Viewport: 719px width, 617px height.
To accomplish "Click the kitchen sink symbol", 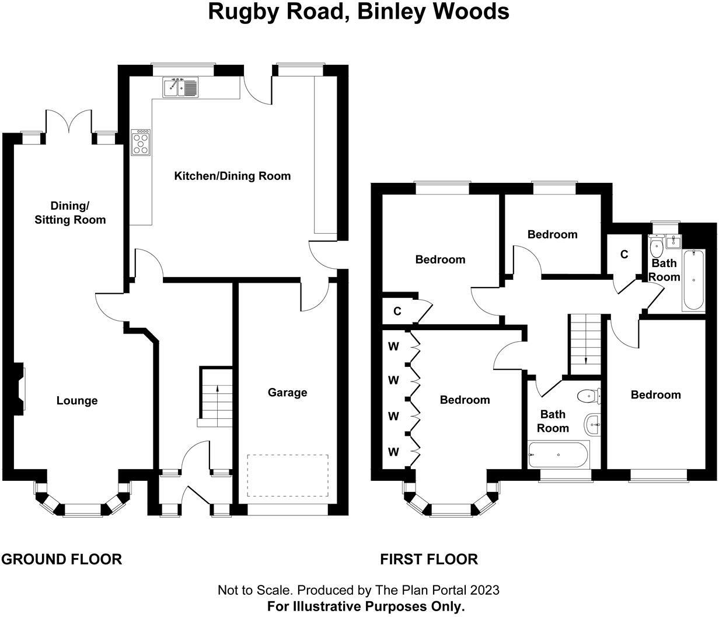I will point(181,86).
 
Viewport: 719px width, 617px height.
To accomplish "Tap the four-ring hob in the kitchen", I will point(141,142).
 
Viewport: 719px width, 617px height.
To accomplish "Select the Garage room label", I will point(287,393).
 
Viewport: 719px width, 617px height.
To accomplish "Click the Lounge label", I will point(77,401).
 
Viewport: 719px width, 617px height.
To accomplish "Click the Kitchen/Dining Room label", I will point(232,176).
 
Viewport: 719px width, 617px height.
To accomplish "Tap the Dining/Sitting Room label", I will point(70,213).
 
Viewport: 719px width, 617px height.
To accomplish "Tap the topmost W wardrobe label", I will point(394,346).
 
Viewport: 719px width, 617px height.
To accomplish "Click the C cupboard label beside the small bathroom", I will point(624,255).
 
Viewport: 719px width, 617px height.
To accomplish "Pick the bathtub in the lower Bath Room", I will point(559,454).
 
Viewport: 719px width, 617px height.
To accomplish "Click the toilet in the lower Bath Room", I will point(588,397).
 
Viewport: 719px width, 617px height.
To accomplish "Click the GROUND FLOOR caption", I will point(61,559).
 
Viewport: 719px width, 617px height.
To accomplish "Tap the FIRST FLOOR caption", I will point(429,559).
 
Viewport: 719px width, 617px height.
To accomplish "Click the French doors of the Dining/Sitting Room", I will point(69,122).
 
